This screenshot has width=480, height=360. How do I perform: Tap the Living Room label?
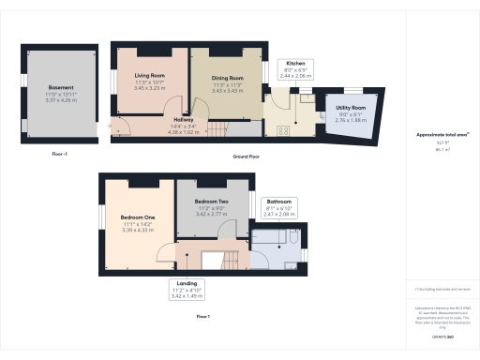pyautogui.click(x=150, y=77)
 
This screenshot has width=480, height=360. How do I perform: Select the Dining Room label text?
pyautogui.click(x=228, y=79)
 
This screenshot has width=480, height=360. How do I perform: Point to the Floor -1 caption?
pyautogui.click(x=60, y=151)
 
